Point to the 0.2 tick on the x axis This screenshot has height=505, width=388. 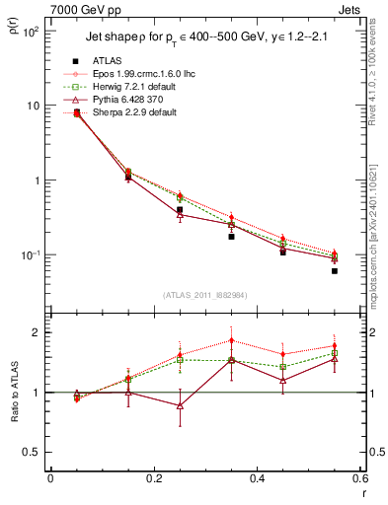click(154, 478)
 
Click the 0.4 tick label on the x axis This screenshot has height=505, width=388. click(257, 478)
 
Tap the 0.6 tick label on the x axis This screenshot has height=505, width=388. click(359, 478)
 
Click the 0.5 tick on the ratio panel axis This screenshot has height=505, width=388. click(33, 453)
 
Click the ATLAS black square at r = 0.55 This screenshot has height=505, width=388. click(335, 271)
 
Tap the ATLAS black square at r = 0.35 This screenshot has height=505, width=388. click(231, 237)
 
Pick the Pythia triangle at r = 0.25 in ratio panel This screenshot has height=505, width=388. click(180, 405)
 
